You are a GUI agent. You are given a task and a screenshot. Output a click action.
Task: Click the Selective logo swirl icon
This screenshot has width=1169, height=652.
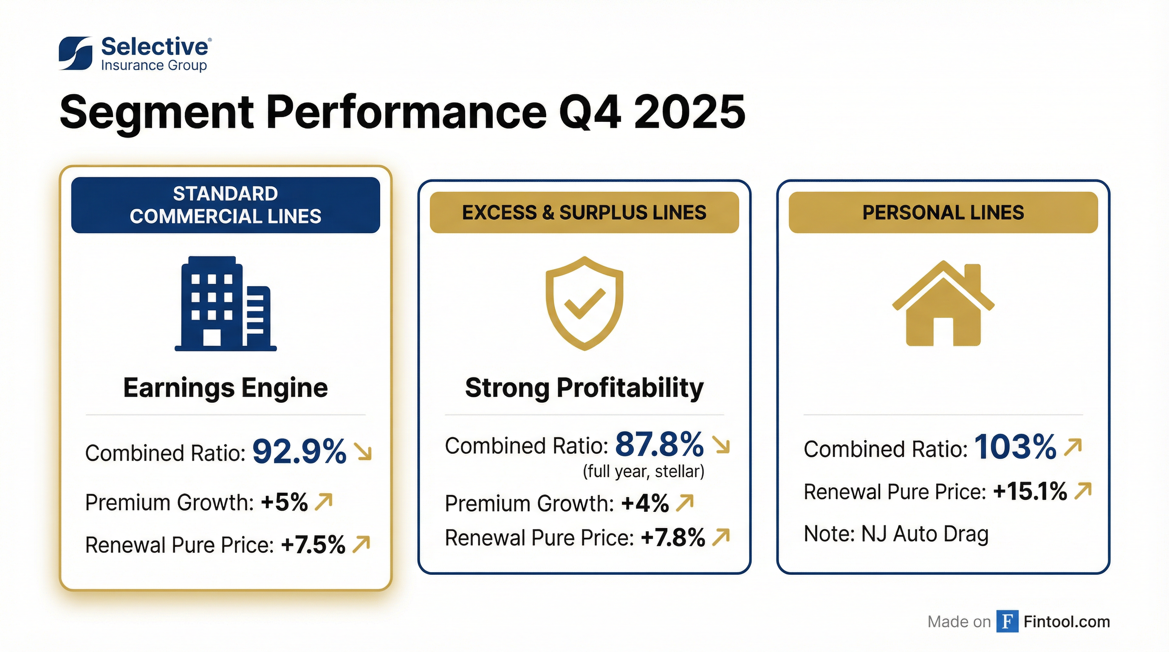point(75,53)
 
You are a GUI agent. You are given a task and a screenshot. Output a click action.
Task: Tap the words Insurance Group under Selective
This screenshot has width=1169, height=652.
point(154,66)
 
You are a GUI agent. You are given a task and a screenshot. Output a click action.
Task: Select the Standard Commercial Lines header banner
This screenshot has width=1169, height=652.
point(226,205)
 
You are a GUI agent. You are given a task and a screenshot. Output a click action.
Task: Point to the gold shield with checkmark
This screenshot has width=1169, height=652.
point(584,303)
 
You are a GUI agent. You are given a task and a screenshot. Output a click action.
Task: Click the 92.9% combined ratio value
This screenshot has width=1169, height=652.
point(299,452)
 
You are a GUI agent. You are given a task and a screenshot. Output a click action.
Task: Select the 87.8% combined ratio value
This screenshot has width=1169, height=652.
point(659,444)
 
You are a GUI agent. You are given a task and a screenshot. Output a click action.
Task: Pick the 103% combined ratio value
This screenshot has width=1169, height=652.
point(1015,447)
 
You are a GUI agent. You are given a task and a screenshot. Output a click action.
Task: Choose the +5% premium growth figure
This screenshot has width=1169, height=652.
point(285,502)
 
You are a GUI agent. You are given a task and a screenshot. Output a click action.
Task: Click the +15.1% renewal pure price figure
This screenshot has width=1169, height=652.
point(1030,492)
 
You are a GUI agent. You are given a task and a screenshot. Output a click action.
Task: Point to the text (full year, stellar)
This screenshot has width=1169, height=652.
point(644,472)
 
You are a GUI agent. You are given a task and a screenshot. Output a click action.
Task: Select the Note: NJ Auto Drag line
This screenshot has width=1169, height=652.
point(896,534)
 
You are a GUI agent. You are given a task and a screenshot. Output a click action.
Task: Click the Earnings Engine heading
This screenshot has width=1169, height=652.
point(226,388)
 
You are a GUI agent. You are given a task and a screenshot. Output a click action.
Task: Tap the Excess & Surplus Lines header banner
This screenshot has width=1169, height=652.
point(584,213)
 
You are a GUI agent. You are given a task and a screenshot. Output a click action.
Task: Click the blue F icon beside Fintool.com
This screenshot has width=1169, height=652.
point(1007,621)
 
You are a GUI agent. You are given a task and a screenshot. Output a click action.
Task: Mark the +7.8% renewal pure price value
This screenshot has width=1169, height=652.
point(673,538)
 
